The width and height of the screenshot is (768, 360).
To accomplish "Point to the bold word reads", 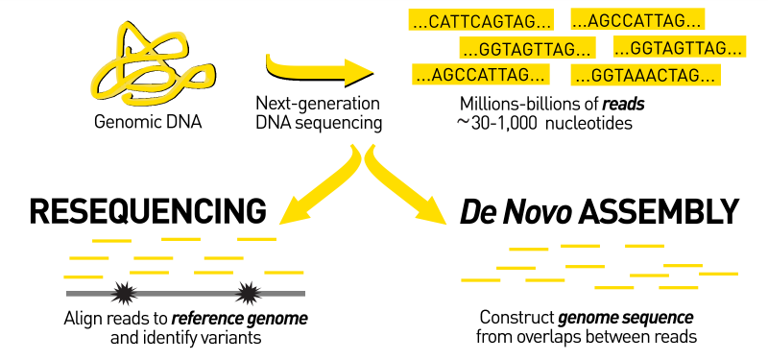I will coord(624,105).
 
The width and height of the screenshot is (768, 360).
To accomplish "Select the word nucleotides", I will coord(586,124).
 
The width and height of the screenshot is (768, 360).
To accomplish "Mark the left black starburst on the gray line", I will coord(122,292).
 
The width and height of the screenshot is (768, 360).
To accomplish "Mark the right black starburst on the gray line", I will coord(249,291).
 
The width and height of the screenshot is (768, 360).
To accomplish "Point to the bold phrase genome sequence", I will coord(639,318).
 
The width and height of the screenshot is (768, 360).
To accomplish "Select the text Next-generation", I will coord(318,104).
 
